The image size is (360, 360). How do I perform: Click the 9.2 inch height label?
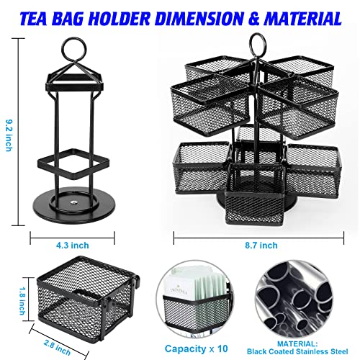9,136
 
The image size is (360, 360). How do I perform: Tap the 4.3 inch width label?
73,246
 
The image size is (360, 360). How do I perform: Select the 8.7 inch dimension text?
261,246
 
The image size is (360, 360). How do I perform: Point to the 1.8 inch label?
22,301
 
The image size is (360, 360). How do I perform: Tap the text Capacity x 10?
196,348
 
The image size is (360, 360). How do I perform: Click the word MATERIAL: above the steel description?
297,343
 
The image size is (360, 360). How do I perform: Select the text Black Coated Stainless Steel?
297,351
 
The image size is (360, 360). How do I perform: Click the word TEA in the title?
33,19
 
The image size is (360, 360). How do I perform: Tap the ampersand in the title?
254,19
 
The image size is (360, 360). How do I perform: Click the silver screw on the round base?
74,203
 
